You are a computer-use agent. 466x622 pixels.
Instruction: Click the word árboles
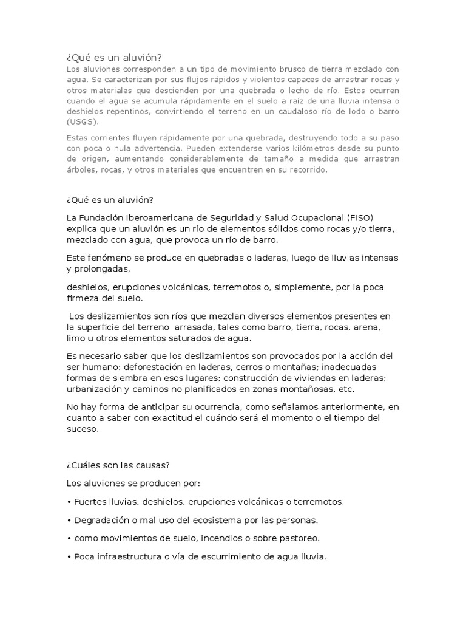[82, 170]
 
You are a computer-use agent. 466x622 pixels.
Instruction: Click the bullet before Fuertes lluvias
[69, 502]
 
